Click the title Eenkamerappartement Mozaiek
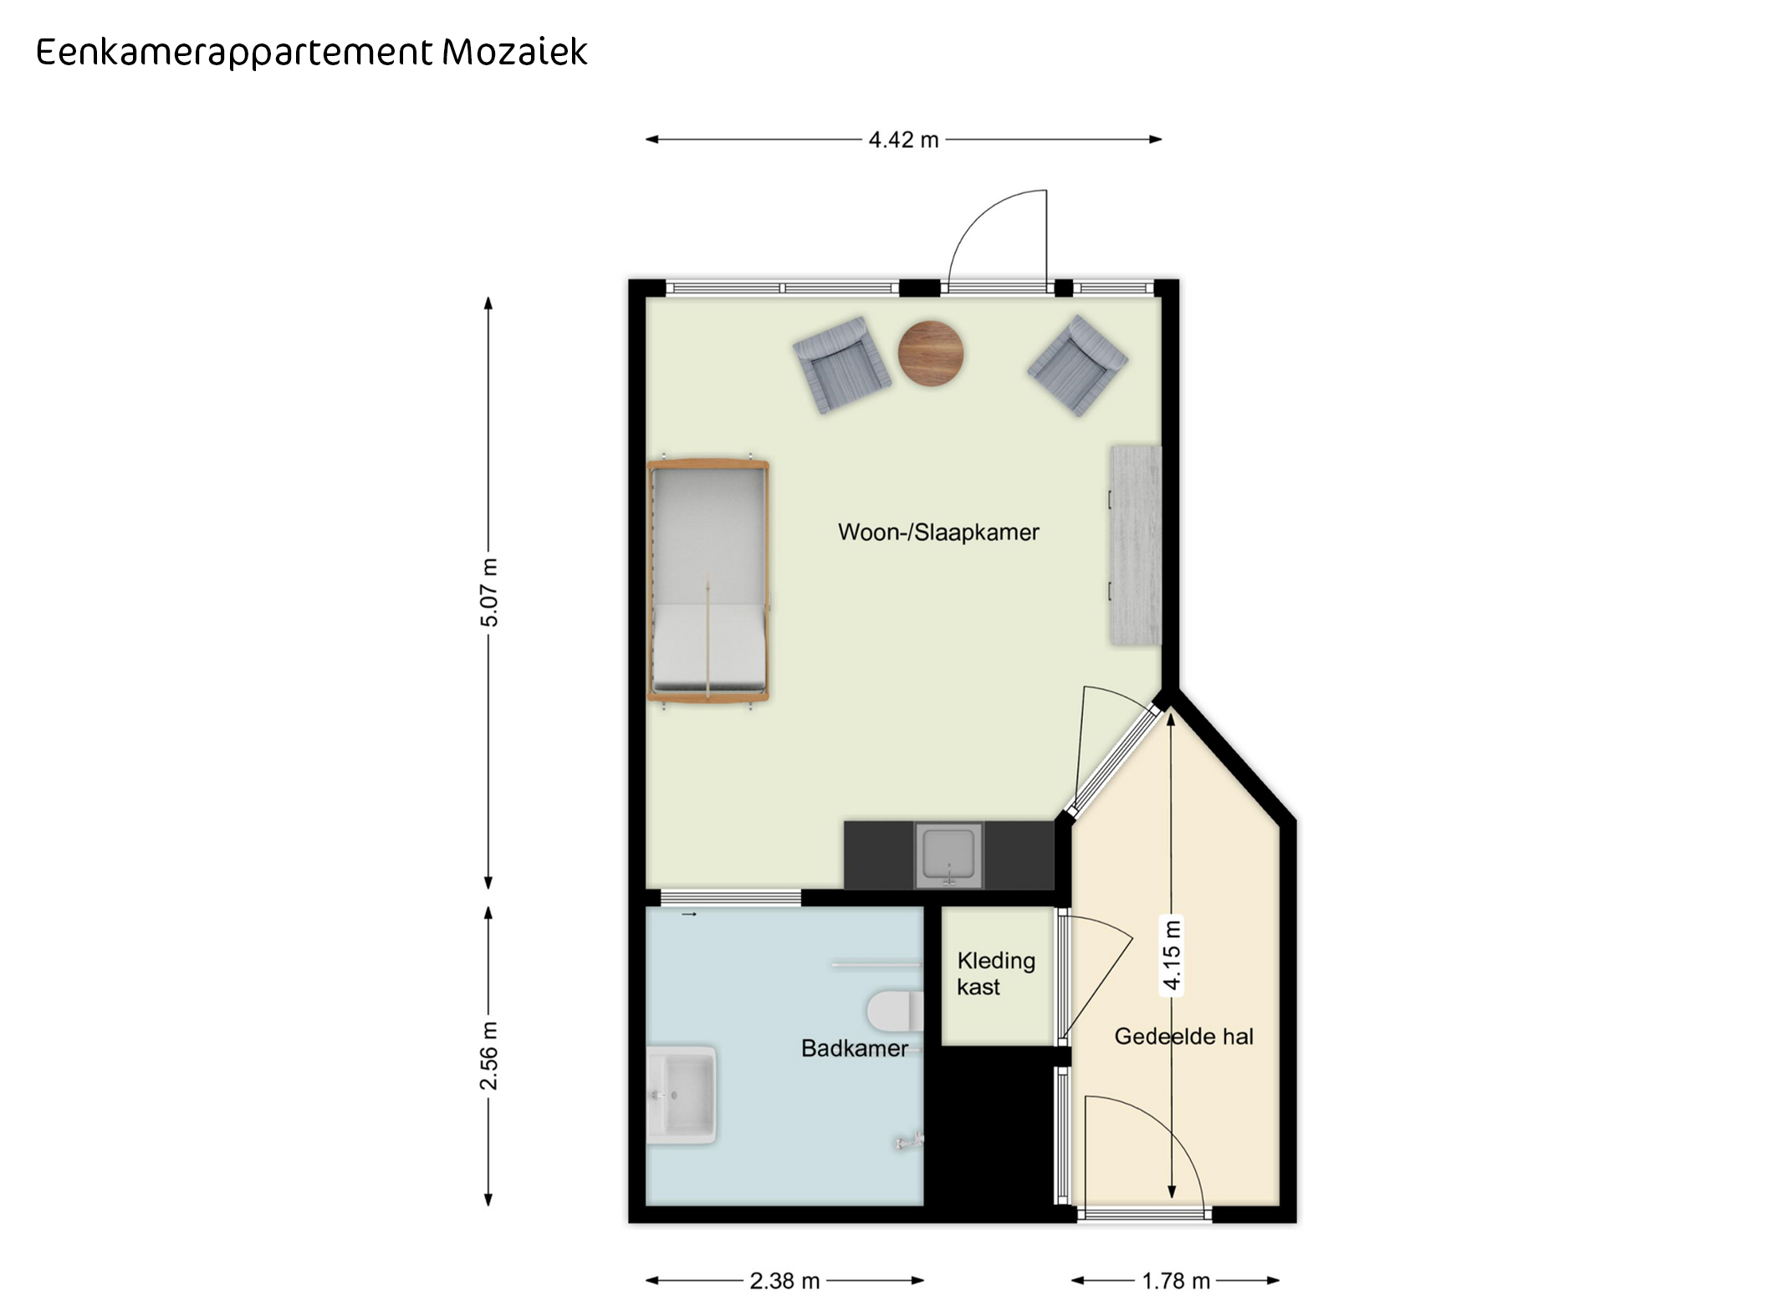click(311, 53)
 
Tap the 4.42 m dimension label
click(903, 140)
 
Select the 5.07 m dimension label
click(489, 593)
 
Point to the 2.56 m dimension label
click(489, 1055)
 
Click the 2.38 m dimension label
click(784, 1280)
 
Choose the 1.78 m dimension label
click(1176, 1280)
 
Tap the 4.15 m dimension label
click(1172, 955)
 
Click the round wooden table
click(931, 354)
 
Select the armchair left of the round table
click(841, 364)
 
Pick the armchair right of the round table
click(1077, 365)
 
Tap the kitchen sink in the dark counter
click(948, 854)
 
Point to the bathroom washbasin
click(682, 1094)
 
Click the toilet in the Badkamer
click(895, 1011)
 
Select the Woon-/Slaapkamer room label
click(938, 532)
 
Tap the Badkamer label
click(854, 1048)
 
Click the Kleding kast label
click(996, 974)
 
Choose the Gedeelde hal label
click(1183, 1037)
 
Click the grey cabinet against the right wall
click(1136, 545)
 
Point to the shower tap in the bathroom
click(908, 1141)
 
